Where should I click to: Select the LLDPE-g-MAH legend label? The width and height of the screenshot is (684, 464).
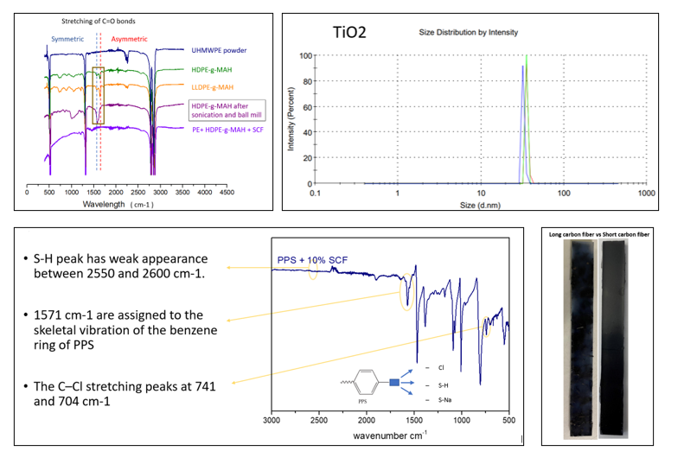pos(214,86)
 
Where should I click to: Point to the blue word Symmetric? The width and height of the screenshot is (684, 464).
pos(67,39)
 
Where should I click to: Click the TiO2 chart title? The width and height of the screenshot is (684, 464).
pos(349,33)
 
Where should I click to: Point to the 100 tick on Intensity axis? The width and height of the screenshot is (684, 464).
pos(305,56)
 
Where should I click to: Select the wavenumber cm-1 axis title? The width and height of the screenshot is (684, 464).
pos(389,435)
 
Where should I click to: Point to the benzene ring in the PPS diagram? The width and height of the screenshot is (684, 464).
pos(369,383)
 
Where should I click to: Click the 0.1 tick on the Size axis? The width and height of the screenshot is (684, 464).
pos(316,194)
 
